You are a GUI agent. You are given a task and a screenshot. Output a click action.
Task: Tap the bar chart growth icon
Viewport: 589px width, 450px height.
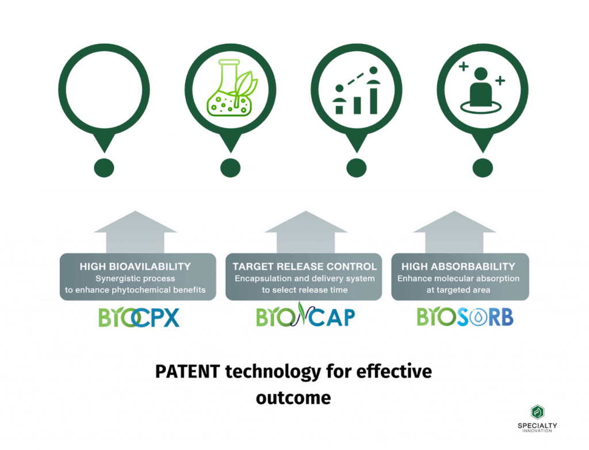click(x=357, y=90)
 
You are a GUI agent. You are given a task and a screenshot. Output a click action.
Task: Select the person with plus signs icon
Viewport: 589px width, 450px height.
click(x=481, y=87)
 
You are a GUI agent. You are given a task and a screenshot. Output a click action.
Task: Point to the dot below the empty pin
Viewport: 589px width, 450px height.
click(x=104, y=168)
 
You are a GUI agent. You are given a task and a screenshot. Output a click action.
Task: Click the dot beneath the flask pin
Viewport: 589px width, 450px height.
click(x=230, y=168)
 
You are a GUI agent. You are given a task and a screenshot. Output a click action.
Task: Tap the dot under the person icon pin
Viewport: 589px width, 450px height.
click(x=483, y=168)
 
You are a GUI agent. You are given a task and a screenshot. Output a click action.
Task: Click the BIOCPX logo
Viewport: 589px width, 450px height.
click(x=139, y=317)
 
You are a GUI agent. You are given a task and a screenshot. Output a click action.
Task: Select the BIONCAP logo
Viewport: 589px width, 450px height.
click(x=305, y=316)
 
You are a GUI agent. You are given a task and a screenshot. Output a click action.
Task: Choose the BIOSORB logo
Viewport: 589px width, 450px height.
click(x=465, y=317)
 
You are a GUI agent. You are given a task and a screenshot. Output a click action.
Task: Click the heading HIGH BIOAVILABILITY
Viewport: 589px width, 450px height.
click(x=135, y=267)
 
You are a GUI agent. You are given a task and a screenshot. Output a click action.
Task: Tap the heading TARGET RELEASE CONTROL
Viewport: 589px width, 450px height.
click(x=305, y=267)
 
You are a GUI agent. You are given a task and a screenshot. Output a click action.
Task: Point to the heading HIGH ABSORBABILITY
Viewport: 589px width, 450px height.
click(x=458, y=267)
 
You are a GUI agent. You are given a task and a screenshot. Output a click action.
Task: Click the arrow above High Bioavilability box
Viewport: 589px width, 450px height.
click(x=135, y=232)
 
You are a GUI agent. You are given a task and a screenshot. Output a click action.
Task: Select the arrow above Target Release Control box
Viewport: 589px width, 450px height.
click(x=306, y=232)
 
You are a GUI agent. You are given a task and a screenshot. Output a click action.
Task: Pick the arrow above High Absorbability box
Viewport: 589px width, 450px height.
click(x=454, y=232)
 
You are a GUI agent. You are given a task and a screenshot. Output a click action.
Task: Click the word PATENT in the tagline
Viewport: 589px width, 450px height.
click(x=188, y=372)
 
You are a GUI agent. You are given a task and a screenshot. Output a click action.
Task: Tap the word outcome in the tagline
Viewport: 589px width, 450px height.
click(x=293, y=398)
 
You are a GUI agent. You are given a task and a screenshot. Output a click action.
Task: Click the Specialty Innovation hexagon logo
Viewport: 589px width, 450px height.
click(x=538, y=411)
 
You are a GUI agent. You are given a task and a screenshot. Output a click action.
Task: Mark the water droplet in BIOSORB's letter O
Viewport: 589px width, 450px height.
click(x=479, y=318)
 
